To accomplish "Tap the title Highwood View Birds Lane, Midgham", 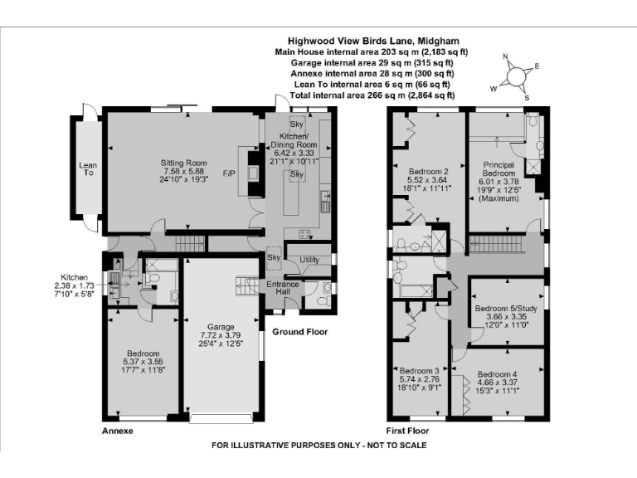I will click(372, 40).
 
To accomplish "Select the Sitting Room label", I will click(183, 163).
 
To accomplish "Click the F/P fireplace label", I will click(229, 173).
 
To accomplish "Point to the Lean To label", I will click(87, 170).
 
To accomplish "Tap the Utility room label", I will click(309, 261).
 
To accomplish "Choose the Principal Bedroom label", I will click(498, 169).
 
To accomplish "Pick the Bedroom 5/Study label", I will click(506, 309).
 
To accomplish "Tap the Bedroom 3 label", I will click(419, 370).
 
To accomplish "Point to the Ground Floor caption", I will click(300, 332).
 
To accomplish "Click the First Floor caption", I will click(408, 432).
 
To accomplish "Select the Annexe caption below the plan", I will click(117, 432).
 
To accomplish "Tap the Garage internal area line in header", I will click(372, 62).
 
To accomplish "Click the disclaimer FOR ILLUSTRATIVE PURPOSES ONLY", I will click(319, 446).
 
